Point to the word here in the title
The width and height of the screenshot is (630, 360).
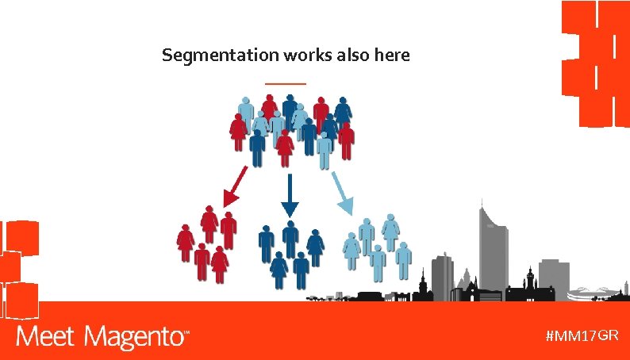click(x=393, y=56)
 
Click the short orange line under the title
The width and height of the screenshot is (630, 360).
click(x=285, y=83)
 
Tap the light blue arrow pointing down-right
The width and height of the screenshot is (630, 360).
click(x=342, y=193)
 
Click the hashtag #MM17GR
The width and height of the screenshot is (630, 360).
click(x=582, y=335)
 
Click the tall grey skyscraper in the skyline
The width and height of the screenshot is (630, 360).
click(x=492, y=246)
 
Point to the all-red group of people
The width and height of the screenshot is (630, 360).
click(x=207, y=243)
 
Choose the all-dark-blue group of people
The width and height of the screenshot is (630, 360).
click(x=290, y=252)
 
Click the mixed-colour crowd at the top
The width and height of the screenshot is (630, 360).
click(x=291, y=129)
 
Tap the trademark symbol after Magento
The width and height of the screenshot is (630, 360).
click(x=187, y=333)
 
